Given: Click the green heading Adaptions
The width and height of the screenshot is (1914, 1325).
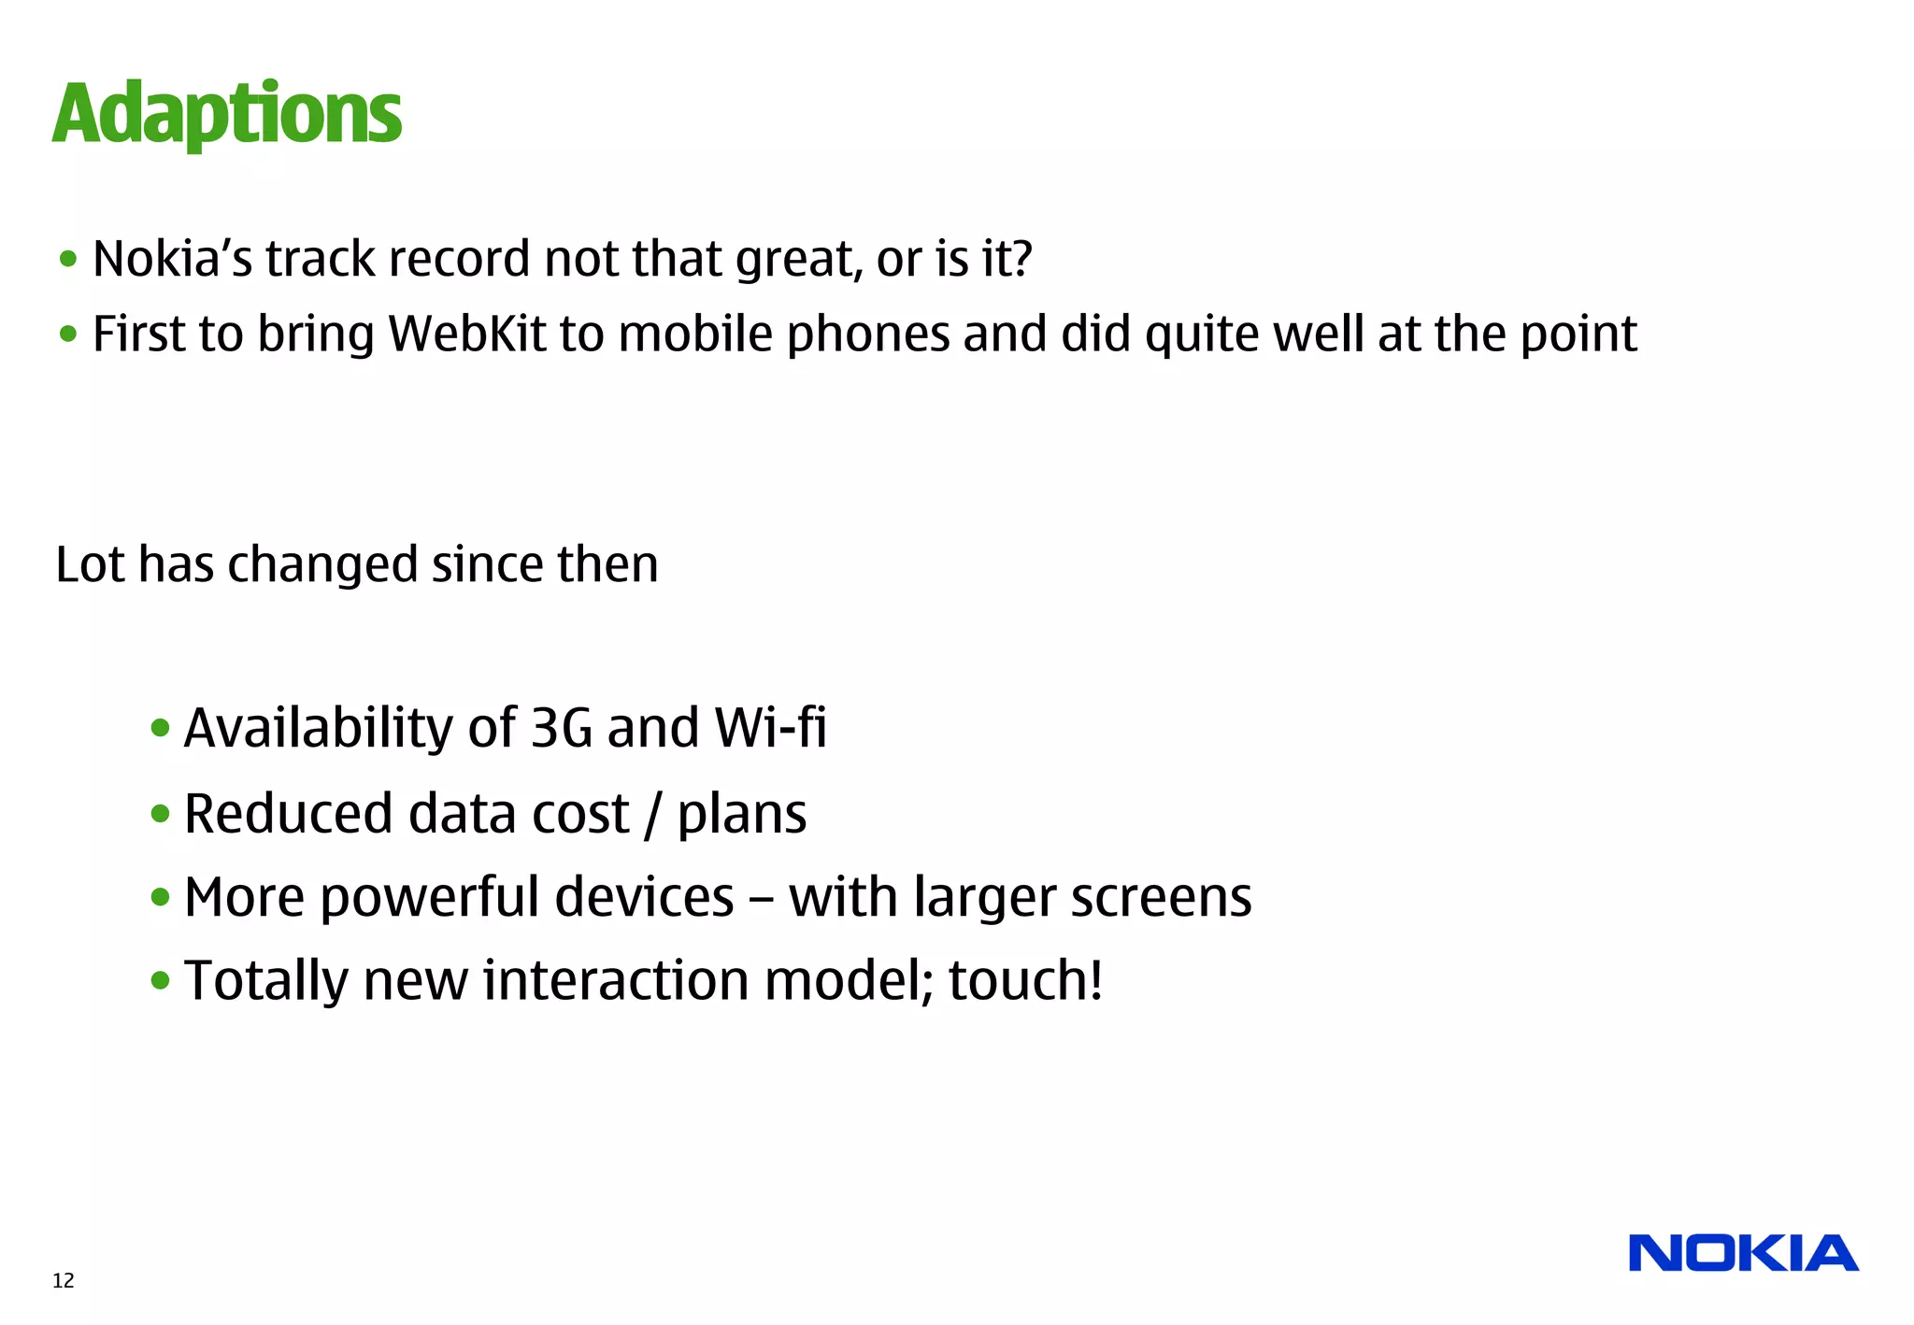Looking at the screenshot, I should pyautogui.click(x=227, y=114).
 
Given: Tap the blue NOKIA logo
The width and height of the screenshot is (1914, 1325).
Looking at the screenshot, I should pyautogui.click(x=1743, y=1254).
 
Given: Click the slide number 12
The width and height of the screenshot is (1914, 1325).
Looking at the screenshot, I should pyautogui.click(x=64, y=1280).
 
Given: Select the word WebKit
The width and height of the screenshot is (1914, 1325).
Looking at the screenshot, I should pyautogui.click(x=466, y=334).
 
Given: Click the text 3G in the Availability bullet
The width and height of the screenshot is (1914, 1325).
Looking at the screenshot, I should pyautogui.click(x=561, y=728).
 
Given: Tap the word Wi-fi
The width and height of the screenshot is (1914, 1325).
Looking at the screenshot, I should pyautogui.click(x=770, y=728).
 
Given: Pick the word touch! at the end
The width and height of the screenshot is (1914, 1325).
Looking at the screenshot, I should pyautogui.click(x=1025, y=981).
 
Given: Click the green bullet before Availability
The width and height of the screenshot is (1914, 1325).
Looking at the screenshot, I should pyautogui.click(x=160, y=729).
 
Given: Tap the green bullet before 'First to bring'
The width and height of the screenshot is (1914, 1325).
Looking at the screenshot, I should pyautogui.click(x=68, y=334).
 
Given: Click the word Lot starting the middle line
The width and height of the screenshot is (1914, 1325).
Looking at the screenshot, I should pyautogui.click(x=89, y=565).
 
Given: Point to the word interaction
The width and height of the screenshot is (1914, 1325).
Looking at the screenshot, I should pyautogui.click(x=616, y=981).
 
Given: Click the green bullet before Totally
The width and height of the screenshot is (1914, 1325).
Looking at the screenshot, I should pyautogui.click(x=160, y=981).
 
